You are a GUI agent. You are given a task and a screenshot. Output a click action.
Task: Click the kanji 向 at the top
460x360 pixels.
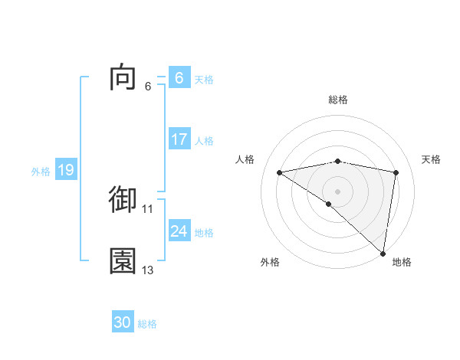click(123, 78)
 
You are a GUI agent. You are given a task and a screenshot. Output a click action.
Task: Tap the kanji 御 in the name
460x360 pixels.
click(123, 199)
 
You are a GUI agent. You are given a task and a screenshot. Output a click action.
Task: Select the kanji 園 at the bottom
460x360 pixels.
click(123, 261)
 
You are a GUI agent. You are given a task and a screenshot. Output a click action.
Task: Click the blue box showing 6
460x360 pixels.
click(179, 78)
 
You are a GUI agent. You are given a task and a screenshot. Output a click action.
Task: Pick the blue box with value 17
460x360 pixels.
click(179, 140)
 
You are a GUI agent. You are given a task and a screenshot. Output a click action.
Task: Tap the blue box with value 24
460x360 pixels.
click(179, 231)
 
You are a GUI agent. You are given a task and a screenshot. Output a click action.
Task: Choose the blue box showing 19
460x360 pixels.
click(65, 171)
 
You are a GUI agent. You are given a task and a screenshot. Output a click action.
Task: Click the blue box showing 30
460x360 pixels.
click(123, 322)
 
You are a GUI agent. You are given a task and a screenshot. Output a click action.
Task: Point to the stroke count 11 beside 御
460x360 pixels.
click(148, 208)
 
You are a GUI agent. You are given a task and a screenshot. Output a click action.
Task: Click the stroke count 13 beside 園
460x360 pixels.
click(148, 270)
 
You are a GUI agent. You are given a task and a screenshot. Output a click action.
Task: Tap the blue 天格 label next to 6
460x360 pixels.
click(204, 79)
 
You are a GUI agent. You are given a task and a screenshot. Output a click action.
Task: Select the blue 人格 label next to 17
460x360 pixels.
click(204, 141)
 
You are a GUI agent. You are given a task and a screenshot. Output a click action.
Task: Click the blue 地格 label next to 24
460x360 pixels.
click(204, 232)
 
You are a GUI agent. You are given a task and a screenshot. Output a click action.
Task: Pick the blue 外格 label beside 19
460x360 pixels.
click(41, 172)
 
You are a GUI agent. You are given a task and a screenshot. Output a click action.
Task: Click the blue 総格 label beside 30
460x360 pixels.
click(147, 323)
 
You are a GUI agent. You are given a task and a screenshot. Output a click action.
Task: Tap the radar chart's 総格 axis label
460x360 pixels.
click(338, 100)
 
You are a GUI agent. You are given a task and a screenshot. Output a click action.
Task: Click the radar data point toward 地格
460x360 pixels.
click(383, 253)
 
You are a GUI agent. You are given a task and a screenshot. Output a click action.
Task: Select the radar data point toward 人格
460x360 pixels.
click(280, 172)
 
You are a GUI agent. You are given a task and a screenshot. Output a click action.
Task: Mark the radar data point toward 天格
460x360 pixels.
click(396, 172)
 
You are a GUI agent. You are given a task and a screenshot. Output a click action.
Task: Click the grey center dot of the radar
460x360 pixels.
click(338, 191)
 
